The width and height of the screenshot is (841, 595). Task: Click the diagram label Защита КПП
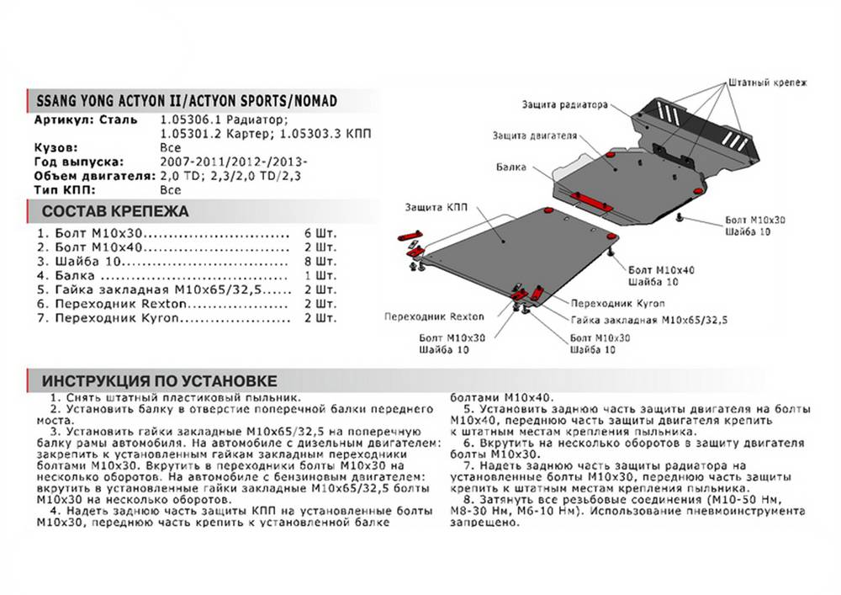pos(436,206)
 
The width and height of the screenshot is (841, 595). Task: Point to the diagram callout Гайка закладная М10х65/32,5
pos(648,321)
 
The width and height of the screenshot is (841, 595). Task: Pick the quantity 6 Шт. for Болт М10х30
pos(320,232)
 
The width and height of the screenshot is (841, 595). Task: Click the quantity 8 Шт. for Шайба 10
pos(320,261)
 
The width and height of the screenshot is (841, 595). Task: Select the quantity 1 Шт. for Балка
pos(320,275)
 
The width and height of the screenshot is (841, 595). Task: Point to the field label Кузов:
pos(56,146)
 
